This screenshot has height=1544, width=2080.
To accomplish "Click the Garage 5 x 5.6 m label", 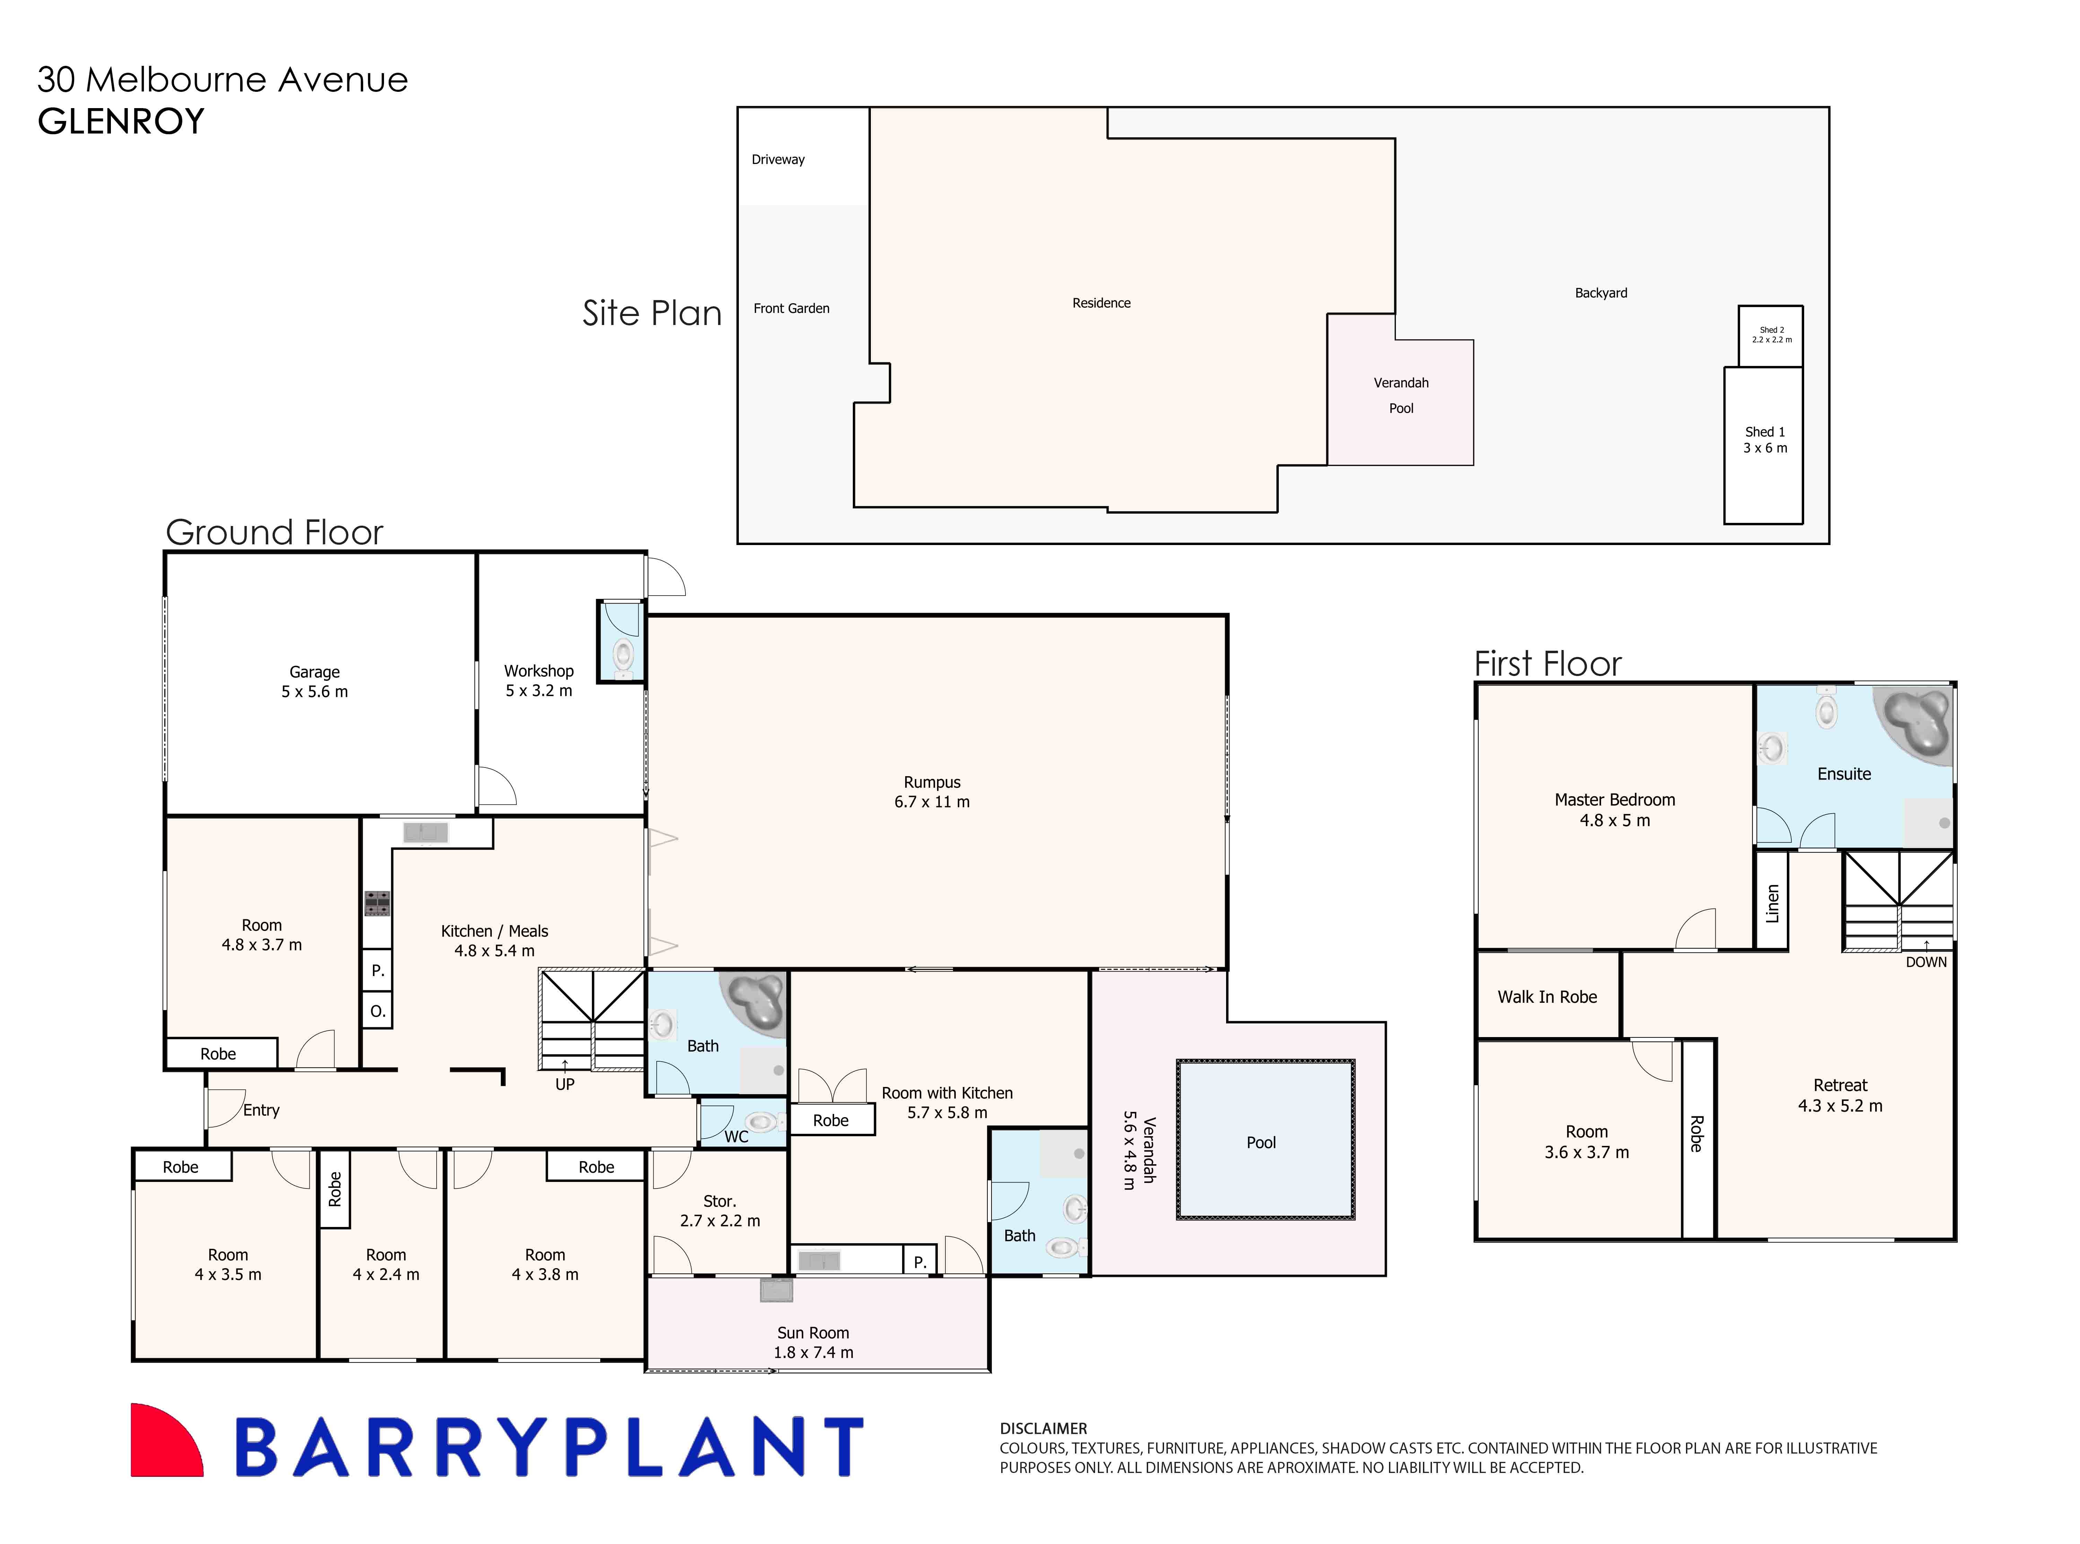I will click(x=314, y=681).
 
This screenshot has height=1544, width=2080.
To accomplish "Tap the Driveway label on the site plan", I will click(x=778, y=160).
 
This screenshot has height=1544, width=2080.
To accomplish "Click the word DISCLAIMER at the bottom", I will click(x=1043, y=1428).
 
